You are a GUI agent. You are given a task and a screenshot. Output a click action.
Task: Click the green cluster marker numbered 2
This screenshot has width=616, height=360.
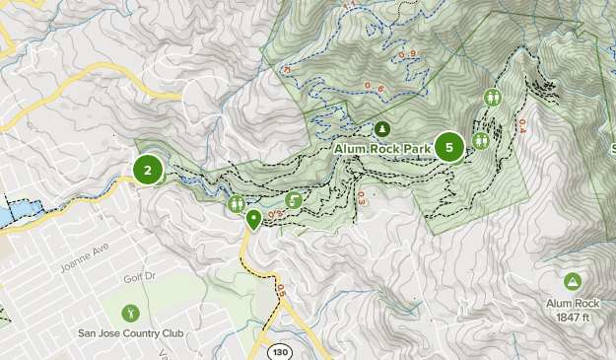click(x=148, y=170)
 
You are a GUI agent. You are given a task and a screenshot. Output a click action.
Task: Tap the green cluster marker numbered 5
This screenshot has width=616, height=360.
click(x=449, y=148)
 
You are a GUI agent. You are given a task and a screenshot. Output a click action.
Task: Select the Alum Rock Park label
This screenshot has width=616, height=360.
click(x=382, y=149)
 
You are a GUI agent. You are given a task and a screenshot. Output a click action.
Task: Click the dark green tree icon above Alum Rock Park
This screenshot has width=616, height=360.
click(x=382, y=129)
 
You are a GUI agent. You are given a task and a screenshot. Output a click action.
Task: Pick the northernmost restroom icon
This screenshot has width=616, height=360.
click(x=492, y=98)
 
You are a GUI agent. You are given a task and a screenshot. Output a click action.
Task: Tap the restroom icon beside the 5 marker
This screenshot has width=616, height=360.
click(x=481, y=141)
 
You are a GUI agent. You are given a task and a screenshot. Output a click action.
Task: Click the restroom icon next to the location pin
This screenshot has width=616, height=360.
click(x=237, y=203)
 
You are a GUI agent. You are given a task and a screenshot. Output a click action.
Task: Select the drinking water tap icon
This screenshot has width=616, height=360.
click(x=293, y=200)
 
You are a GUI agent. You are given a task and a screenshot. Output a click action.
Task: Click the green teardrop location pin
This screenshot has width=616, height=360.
click(x=253, y=219)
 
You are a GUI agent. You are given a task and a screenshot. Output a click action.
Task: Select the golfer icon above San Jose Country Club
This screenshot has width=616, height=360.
click(x=131, y=313)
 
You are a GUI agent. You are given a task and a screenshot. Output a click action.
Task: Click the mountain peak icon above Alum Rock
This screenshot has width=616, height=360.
click(x=572, y=282)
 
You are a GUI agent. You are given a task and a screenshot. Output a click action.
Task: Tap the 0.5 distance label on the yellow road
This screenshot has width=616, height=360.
click(x=279, y=290)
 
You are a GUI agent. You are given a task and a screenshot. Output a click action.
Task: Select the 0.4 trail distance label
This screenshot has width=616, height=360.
click(x=522, y=126)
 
